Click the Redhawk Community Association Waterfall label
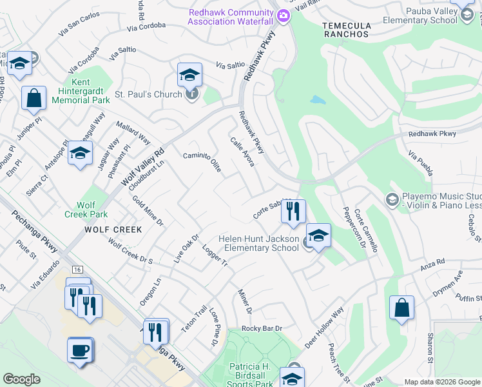coord(231,17)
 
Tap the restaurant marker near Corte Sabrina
coord(293,211)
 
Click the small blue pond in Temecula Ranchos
coord(317,101)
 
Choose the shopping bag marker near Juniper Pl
coord(34,99)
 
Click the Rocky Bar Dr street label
coord(262,328)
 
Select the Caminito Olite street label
coord(202,161)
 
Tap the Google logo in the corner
coord(22,379)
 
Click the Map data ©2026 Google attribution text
coord(441,382)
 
